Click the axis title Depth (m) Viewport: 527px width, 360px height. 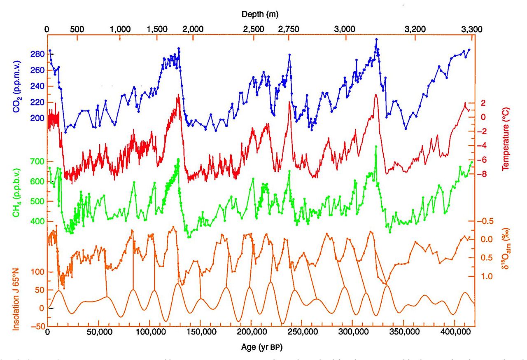tap(260, 14)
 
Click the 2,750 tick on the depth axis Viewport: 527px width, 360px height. tap(289, 29)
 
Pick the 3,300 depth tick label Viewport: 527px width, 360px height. tap(472, 29)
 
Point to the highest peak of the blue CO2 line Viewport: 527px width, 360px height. tap(376, 39)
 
